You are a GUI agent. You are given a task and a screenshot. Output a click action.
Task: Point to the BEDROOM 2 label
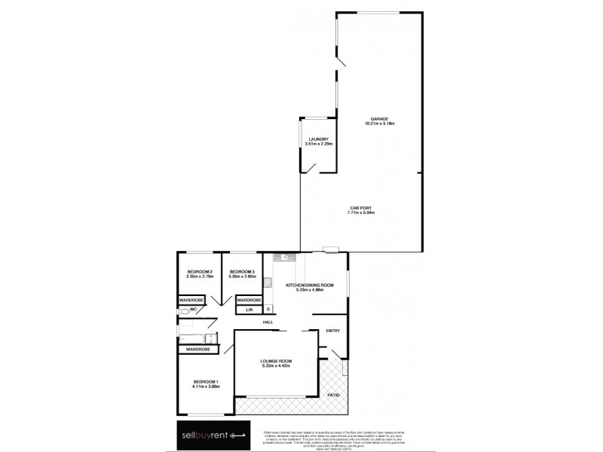[x=200, y=271]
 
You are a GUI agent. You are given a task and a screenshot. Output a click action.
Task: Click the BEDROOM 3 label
[x=242, y=271]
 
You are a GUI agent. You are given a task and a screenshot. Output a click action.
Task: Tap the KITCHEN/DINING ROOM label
[x=309, y=285]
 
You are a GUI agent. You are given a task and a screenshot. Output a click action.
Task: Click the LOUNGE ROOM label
[x=277, y=362]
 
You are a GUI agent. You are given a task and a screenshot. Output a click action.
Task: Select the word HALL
[x=268, y=323]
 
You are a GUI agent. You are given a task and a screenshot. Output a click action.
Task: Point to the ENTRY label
[x=332, y=331]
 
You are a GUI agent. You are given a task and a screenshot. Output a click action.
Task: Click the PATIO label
[x=332, y=395]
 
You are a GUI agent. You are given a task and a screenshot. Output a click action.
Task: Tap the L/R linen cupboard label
[x=249, y=310]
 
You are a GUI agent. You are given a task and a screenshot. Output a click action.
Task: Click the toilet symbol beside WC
[x=185, y=310]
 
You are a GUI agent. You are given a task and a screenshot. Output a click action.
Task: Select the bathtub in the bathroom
[x=195, y=337]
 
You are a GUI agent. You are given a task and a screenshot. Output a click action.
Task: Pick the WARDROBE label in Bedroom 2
[x=193, y=299]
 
